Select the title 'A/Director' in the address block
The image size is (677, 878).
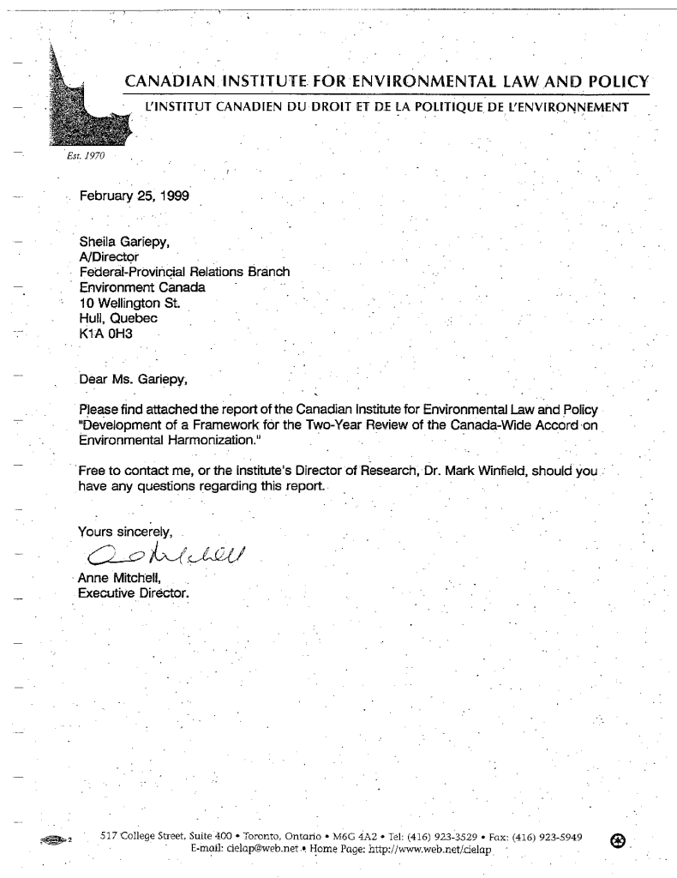pyautogui.click(x=109, y=256)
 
